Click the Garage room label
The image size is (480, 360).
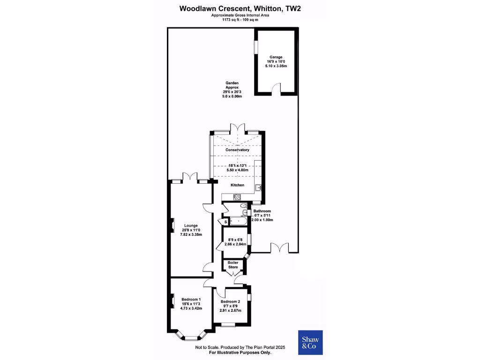tap(275, 57)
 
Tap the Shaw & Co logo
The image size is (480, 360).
tap(310, 343)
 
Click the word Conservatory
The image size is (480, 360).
tap(238, 150)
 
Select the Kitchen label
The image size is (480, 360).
tap(238, 185)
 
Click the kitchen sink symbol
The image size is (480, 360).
tap(258, 188)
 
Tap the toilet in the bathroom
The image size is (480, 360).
tap(243, 205)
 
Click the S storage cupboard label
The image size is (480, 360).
tap(225, 221)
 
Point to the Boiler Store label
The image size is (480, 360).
tap(233, 265)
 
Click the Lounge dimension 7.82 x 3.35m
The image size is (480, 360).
tap(191, 234)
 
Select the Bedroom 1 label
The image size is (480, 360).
tap(191, 300)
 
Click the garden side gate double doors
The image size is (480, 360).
tap(279, 247)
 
